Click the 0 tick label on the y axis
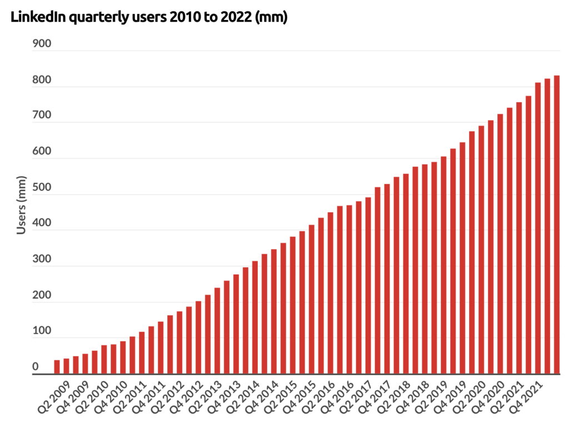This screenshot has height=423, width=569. tap(35, 366)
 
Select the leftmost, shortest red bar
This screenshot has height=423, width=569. tap(57, 367)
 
